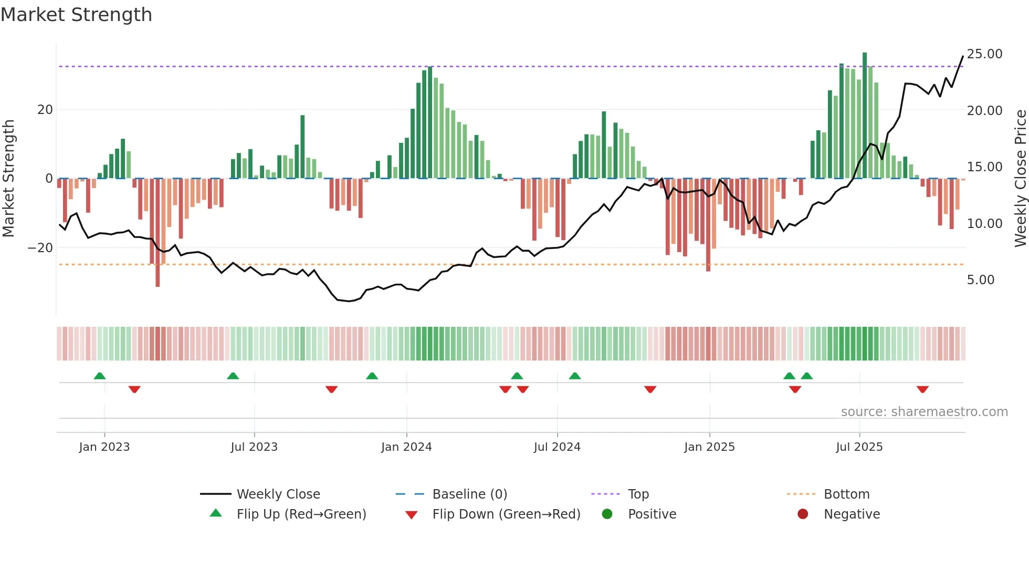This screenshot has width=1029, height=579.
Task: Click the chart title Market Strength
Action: [76, 15]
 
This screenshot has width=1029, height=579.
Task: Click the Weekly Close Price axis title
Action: [1020, 178]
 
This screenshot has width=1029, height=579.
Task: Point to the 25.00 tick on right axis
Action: [984, 54]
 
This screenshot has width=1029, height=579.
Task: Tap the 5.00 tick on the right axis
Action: [980, 280]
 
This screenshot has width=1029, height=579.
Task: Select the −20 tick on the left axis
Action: [40, 248]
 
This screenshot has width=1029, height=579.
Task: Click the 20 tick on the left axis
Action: [45, 110]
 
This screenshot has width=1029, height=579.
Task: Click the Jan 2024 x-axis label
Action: [406, 447]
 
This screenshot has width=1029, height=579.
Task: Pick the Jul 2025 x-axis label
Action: [859, 447]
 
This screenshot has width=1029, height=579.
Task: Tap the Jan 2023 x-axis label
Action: [104, 447]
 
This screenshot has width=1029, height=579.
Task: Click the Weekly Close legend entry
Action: [278, 494]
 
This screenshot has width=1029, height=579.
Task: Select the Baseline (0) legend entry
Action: [469, 494]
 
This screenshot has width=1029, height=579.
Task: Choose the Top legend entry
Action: [638, 494]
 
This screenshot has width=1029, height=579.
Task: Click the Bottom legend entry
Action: [846, 494]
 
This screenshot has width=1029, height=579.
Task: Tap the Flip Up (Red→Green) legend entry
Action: [301, 514]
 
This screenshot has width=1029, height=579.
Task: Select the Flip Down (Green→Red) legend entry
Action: [506, 514]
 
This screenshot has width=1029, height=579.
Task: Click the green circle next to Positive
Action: [607, 514]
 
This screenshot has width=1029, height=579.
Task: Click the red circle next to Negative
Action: [803, 514]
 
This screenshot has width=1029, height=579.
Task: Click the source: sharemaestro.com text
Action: [924, 412]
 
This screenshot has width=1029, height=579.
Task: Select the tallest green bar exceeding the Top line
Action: [865, 116]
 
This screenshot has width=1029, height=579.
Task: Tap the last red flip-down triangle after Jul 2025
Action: [922, 389]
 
